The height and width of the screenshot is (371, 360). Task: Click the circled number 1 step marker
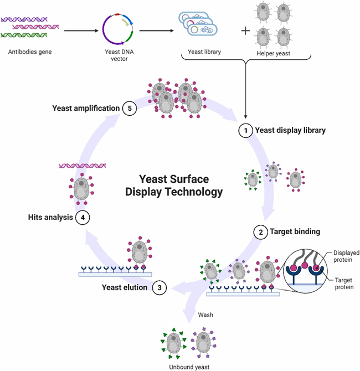244,131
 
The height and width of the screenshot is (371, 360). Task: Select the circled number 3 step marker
159,287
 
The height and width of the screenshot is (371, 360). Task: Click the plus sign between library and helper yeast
245,30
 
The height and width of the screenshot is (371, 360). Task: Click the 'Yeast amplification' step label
86,108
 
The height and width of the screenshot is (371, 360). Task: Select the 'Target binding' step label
295,232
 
